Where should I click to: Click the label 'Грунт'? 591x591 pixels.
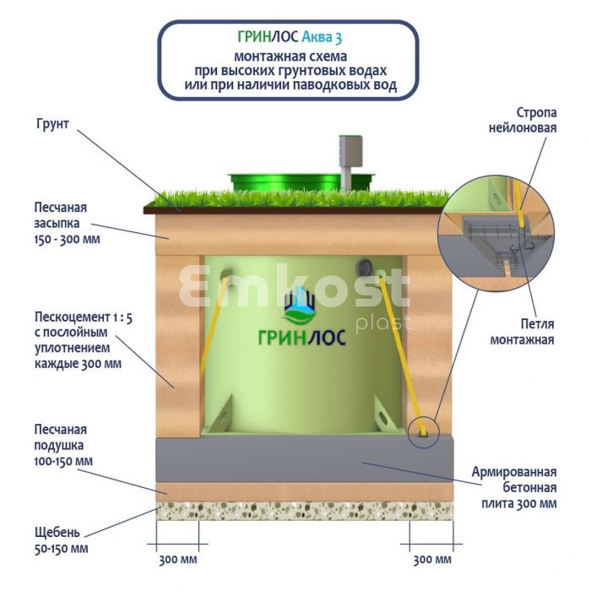52,124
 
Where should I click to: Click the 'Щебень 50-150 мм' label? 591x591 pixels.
61,540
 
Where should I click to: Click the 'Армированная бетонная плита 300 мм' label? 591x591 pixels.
516,487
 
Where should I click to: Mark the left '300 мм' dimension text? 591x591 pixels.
178,560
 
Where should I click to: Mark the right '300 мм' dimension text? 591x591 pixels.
431,560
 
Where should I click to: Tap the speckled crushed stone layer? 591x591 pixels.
304,510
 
